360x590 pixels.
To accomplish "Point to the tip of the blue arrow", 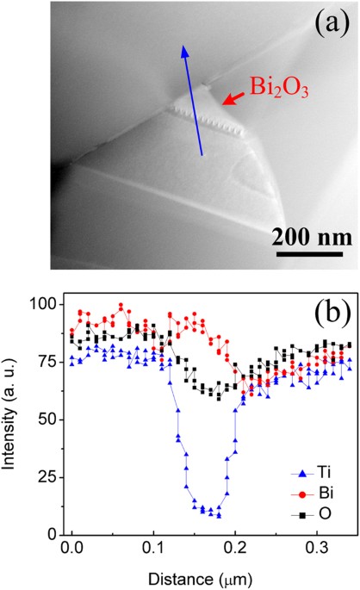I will coord(183,47).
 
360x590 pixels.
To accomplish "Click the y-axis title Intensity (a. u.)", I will coord(16,419).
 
